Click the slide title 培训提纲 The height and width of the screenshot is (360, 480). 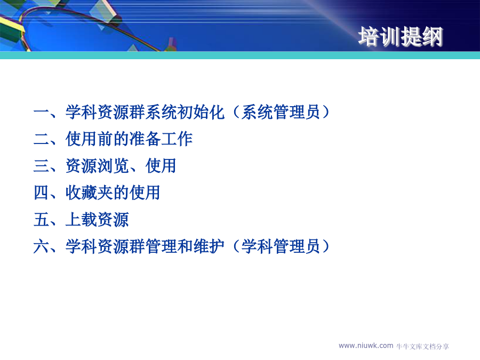pos(401,37)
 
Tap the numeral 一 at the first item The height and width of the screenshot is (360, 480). pos(41,112)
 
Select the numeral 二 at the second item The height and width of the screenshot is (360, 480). pos(41,139)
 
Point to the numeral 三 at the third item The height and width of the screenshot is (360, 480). pos(41,166)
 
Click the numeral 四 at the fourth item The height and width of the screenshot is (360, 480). pos(41,193)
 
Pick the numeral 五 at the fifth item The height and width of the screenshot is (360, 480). pos(41,220)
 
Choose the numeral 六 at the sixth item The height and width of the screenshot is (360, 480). pos(41,246)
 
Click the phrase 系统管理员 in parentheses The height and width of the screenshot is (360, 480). pos(281,112)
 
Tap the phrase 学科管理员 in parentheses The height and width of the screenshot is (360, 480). pos(281,246)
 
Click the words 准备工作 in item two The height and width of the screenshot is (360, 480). pos(161,139)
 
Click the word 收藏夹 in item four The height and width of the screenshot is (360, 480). pos(90,193)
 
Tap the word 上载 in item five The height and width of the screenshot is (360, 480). pos(82,220)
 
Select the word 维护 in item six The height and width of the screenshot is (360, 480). pos(209,246)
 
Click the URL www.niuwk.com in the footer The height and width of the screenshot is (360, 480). pos(366,346)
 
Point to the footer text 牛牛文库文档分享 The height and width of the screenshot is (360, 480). pos(423,347)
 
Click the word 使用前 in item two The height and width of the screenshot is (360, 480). pos(90,139)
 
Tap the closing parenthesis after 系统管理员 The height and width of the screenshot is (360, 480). pos(326,112)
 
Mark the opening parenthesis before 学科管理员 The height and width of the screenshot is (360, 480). pos(236,246)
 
